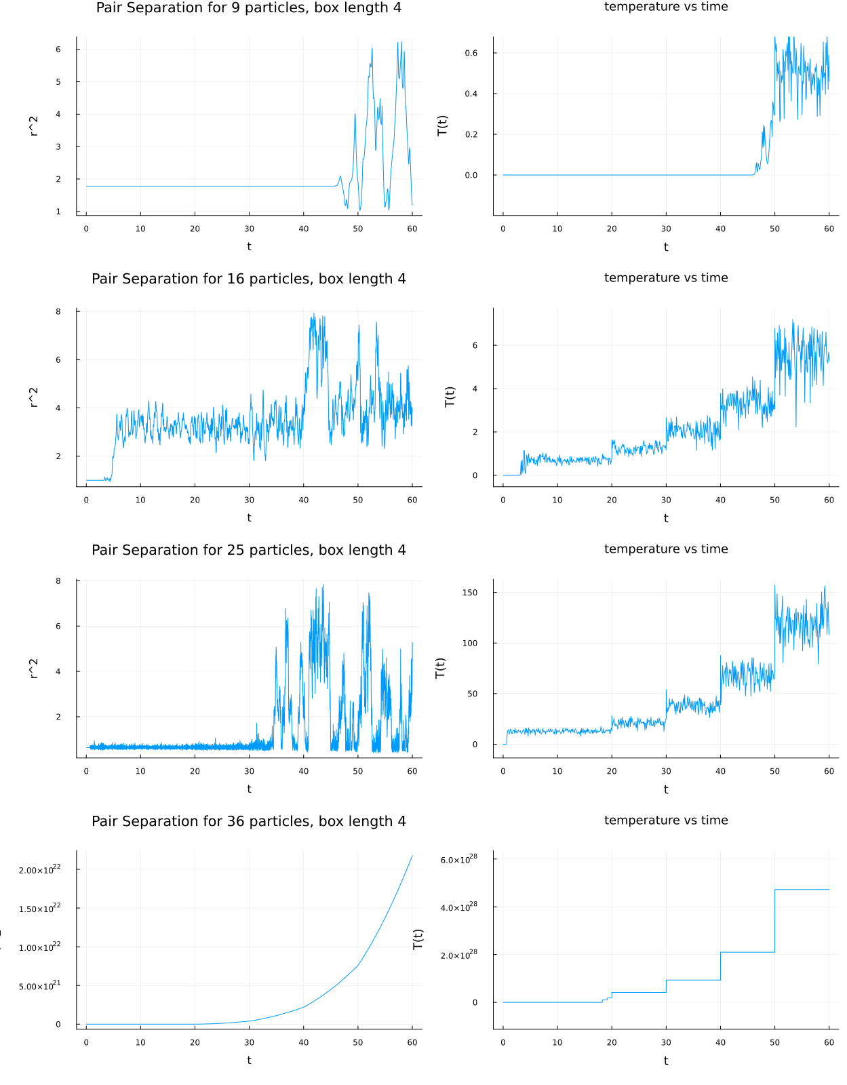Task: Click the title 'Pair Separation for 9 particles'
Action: (248, 8)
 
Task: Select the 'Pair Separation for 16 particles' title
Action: (248, 279)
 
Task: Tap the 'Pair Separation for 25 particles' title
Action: (248, 550)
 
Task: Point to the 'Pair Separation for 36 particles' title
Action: (248, 821)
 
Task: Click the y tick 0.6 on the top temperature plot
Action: (471, 53)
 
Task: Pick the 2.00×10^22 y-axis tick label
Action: (39, 869)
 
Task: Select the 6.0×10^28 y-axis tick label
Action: (458, 859)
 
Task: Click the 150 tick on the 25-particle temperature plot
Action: (469, 593)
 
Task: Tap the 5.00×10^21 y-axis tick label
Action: (39, 985)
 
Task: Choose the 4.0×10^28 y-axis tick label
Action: (458, 907)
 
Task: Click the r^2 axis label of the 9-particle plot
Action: (34, 126)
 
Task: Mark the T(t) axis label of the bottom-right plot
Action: (418, 939)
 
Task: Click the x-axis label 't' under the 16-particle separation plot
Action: (249, 518)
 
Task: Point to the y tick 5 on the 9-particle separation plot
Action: (58, 82)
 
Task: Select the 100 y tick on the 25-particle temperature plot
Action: (469, 643)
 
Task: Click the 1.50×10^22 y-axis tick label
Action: (39, 908)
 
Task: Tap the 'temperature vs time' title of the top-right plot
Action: (665, 7)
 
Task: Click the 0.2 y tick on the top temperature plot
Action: (471, 134)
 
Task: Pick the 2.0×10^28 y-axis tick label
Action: (458, 955)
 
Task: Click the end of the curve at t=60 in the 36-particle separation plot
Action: (412, 856)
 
